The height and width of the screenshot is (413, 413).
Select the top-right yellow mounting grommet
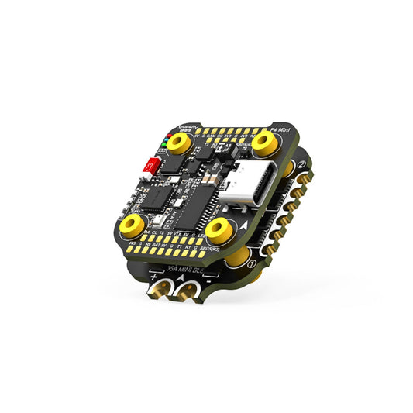click(265, 140)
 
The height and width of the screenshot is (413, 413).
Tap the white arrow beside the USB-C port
click(246, 222)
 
